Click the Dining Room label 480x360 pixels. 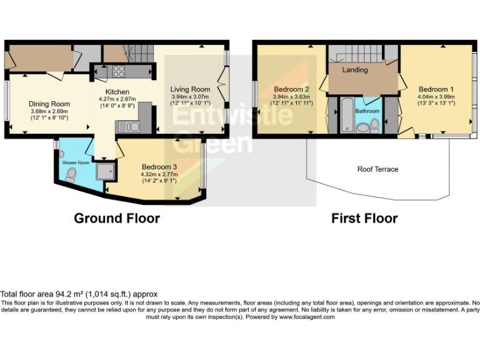click(49, 104)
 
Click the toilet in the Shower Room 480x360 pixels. click(70, 177)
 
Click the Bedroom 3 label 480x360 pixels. click(159, 167)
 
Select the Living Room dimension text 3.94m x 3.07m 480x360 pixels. click(190, 96)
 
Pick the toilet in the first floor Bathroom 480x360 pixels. click(374, 126)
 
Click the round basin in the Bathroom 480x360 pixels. click(362, 128)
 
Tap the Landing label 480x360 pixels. click(355, 70)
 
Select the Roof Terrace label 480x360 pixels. click(377, 169)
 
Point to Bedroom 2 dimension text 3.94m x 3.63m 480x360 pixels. click(291, 97)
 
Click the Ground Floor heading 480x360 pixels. click(117, 218)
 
